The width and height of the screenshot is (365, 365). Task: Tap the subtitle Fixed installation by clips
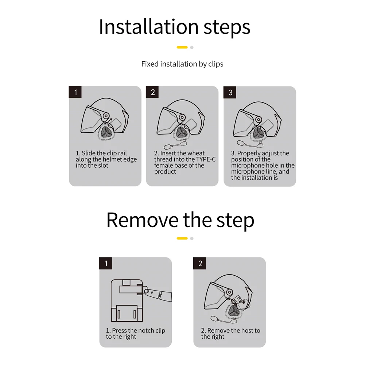pos(182,64)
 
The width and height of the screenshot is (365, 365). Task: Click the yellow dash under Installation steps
pos(182,47)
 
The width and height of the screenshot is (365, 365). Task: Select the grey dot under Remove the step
pos(192,238)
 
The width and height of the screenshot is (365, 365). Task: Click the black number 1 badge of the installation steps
pos(75,92)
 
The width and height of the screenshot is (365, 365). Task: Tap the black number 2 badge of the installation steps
pos(152,92)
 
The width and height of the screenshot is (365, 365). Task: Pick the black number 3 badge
pos(230,92)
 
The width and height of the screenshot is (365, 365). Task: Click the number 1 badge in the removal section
pos(106,263)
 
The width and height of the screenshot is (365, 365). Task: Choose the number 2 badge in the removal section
pos(200,263)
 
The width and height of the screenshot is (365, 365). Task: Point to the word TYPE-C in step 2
pos(206,159)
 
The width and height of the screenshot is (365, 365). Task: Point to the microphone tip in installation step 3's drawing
pos(240,143)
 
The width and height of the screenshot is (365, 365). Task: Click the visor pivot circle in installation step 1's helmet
pos(106,116)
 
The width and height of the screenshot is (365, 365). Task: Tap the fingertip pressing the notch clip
pos(147,291)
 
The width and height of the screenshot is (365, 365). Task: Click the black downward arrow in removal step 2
pos(244,302)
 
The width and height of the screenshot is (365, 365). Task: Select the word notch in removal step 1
pos(145,330)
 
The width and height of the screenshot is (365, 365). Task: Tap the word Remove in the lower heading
pos(143,220)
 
